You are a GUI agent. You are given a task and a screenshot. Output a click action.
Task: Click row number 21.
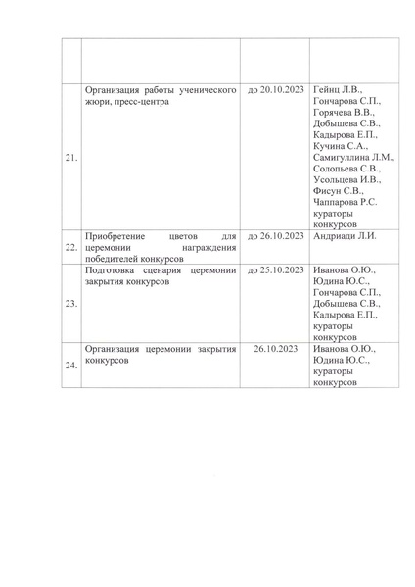click(x=70, y=156)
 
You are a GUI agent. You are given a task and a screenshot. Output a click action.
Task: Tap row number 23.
click(x=70, y=303)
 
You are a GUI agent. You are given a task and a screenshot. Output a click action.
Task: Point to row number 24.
click(x=70, y=366)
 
